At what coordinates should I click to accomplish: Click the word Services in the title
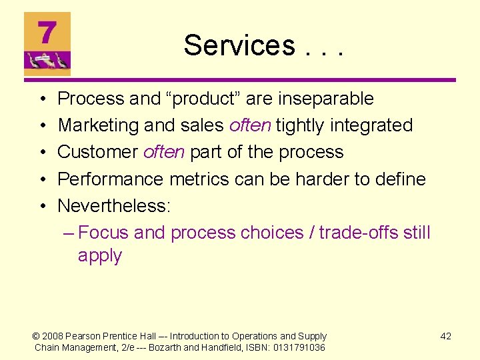pyautogui.click(x=239, y=45)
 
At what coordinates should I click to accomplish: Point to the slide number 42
pyautogui.click(x=446, y=336)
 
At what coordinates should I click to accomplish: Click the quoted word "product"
pyautogui.click(x=203, y=99)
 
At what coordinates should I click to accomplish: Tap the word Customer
pyautogui.click(x=97, y=152)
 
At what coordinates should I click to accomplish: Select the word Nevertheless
pyautogui.click(x=113, y=205)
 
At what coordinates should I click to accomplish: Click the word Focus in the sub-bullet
pyautogui.click(x=103, y=233)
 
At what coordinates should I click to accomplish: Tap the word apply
pyautogui.click(x=100, y=256)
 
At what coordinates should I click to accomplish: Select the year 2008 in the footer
pyautogui.click(x=54, y=336)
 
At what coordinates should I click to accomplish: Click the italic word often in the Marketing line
pyautogui.click(x=250, y=125)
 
